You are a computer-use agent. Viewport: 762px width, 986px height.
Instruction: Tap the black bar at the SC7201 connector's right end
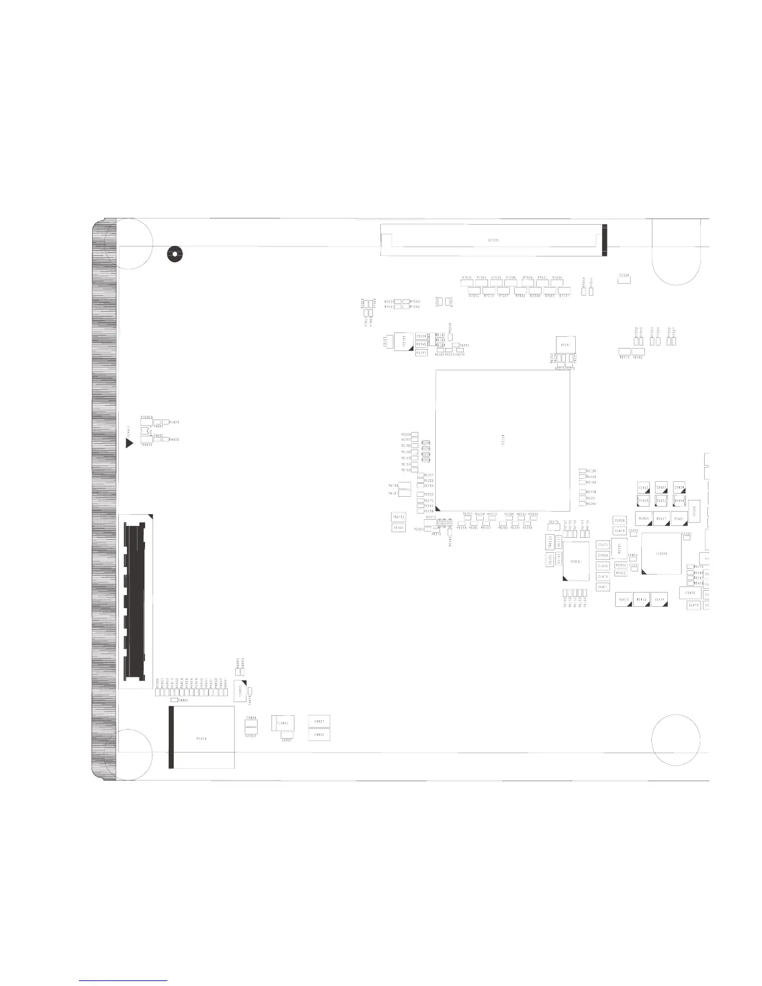coord(604,240)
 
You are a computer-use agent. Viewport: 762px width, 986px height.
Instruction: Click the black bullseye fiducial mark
coord(174,253)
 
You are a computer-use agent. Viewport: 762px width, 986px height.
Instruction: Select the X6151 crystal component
coord(565,344)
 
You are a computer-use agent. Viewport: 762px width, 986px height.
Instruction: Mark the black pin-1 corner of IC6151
coord(565,578)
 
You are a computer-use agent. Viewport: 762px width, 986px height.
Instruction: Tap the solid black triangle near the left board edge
coord(129,443)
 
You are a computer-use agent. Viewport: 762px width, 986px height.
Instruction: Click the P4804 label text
coord(201,739)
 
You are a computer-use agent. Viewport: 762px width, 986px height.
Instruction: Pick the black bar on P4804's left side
coord(171,738)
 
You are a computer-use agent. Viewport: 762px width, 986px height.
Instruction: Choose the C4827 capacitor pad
coord(319,722)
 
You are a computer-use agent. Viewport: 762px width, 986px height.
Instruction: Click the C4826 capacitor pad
coord(319,735)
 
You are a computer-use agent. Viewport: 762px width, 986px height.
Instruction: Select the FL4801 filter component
coord(281,724)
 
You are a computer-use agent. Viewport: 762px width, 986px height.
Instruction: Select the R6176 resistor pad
coord(553,528)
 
